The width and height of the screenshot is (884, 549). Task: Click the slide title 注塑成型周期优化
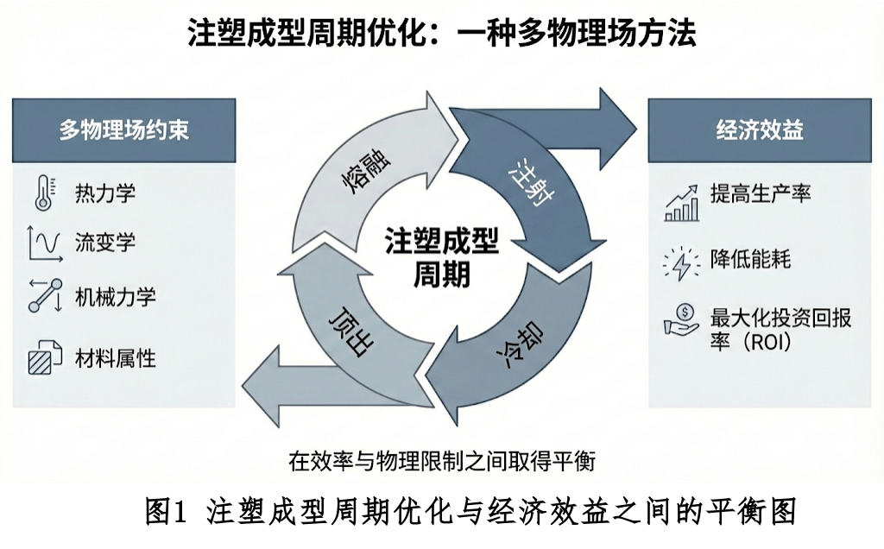pos(442,34)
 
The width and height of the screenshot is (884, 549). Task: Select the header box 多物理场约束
pos(123,130)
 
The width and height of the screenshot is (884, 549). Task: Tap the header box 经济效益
pos(760,130)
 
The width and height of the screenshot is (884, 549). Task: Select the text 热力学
pos(105,192)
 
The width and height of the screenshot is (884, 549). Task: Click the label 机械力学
pos(116,298)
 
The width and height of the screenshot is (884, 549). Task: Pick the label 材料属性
pos(116,358)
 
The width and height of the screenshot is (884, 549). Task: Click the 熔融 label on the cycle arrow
pos(357,176)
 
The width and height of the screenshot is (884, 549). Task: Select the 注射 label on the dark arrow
pos(532,180)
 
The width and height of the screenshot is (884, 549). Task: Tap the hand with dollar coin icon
pos(681,319)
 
